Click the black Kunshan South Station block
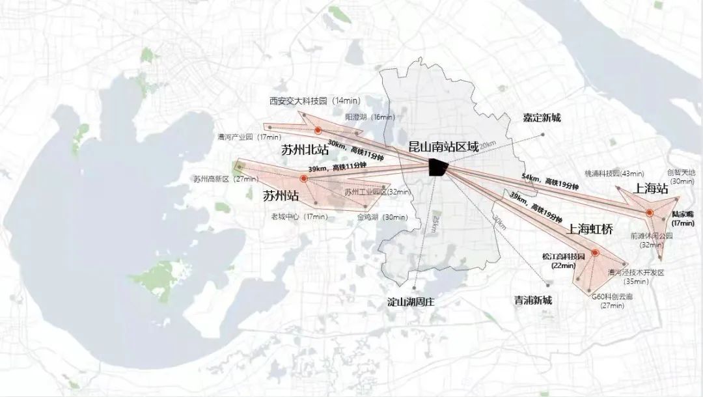pos(438,167)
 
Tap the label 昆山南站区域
pos(443,146)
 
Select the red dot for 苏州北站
pos(318,130)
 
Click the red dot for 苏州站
pos(303,178)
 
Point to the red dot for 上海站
pos(649,213)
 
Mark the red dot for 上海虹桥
pos(595,253)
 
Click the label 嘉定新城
pos(542,118)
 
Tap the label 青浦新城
pos(532,300)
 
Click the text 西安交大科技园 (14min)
pos(310,101)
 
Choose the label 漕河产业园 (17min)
pos(249,137)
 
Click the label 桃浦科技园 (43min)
pos(614,174)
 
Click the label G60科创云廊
pos(612,297)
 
